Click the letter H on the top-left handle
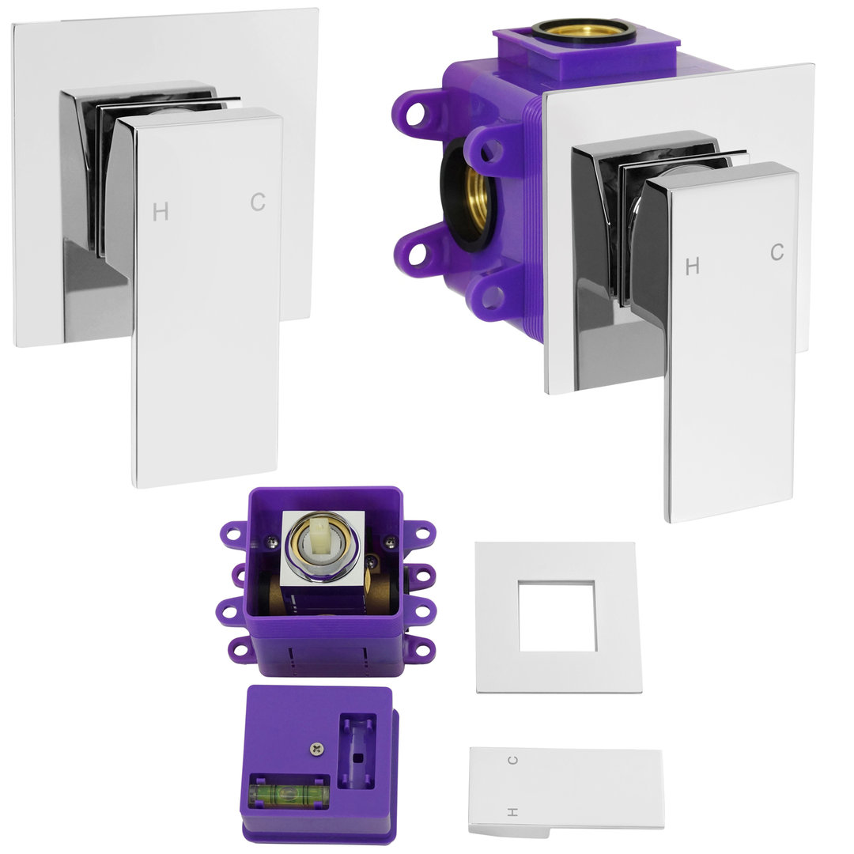coord(160,211)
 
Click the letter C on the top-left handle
coord(258,202)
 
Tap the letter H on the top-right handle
coord(692,266)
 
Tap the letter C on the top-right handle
coord(777,252)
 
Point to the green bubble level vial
coord(289,794)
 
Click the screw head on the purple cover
coord(316,749)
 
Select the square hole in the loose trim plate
coord(557,616)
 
